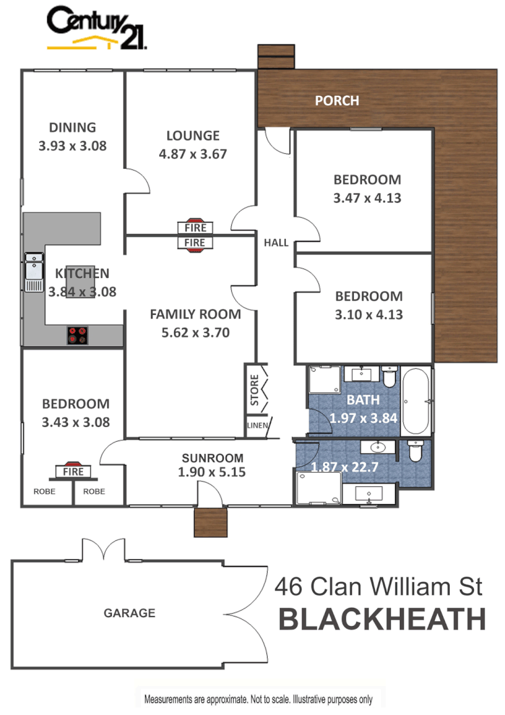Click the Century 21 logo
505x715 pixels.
coord(96,28)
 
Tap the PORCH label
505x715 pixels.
coord(337,101)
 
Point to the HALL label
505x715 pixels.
coord(276,242)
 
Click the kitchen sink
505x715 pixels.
coord(33,271)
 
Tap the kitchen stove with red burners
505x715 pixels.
coord(78,335)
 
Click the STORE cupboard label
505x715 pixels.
coord(254,389)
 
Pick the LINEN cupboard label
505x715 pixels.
coord(257,425)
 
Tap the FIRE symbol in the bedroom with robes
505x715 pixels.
coord(73,471)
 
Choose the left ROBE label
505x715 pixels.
coord(44,492)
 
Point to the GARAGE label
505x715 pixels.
coord(129,613)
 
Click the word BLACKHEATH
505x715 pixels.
coord(382,619)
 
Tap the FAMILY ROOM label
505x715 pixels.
coord(195,314)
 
